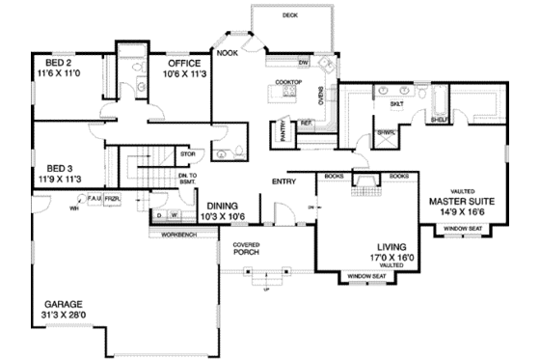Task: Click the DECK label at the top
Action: coord(290,16)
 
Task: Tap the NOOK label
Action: coord(228,54)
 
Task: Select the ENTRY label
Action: coord(283,180)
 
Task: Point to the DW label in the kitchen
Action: coord(303,63)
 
